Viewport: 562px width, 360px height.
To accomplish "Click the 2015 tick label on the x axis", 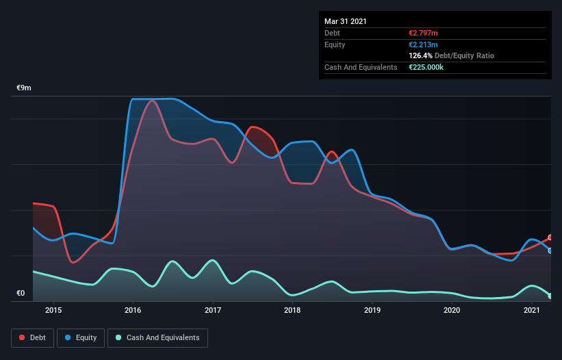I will pos(53,310).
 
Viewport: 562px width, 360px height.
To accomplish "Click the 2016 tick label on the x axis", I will pos(133,310).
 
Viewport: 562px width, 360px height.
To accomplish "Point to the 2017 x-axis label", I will pos(213,310).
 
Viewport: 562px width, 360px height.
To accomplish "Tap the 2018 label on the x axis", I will pos(292,310).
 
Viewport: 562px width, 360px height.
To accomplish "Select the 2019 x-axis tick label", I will pos(372,310).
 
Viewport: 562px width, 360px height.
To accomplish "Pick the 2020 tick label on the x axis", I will pos(452,310).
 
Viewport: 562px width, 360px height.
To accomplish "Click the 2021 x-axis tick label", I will pos(532,310).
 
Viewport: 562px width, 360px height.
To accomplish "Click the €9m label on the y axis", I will pos(24,88).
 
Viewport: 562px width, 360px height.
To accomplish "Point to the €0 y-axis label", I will pos(21,294).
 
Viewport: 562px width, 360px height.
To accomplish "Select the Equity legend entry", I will pos(81,337).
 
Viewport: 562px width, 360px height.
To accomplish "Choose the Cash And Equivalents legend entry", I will pos(157,337).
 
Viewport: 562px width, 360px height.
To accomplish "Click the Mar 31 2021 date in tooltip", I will pos(346,21).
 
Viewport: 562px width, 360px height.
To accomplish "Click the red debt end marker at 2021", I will pos(550,237).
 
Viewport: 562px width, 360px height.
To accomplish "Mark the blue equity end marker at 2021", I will pos(550,250).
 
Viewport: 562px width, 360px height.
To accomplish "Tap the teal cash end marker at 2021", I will pos(550,296).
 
